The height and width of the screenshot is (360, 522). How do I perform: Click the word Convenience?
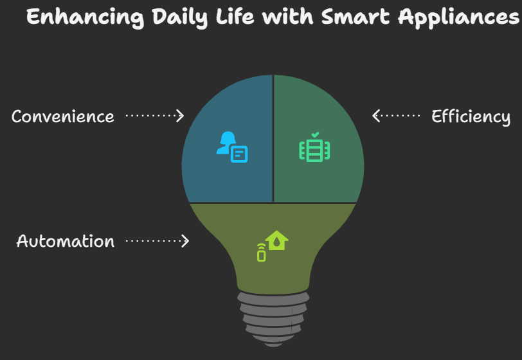click(x=63, y=116)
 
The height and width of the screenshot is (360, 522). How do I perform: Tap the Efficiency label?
click(x=471, y=117)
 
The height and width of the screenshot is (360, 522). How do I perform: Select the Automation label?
click(x=66, y=241)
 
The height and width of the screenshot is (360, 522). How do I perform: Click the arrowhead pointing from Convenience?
click(x=180, y=116)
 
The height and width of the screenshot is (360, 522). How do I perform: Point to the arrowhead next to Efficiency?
click(x=376, y=116)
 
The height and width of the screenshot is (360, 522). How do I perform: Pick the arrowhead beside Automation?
click(x=185, y=241)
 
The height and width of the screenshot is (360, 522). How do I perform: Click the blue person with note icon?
click(x=232, y=147)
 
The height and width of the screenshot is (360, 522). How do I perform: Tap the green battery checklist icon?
click(x=314, y=147)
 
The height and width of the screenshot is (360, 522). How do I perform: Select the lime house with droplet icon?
click(x=276, y=240)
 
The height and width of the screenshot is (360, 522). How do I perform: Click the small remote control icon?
click(x=262, y=253)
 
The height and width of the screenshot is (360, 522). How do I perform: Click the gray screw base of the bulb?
click(x=273, y=319)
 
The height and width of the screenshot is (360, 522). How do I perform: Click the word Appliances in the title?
click(x=458, y=17)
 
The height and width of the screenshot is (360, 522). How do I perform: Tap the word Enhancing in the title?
click(x=85, y=17)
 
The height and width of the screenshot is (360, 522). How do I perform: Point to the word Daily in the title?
click(x=180, y=17)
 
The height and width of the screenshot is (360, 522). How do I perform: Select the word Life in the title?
click(x=235, y=16)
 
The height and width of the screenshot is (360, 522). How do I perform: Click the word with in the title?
click(x=287, y=16)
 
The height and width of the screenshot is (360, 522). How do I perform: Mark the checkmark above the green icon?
click(x=315, y=135)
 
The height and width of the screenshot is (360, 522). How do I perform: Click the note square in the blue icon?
click(x=239, y=154)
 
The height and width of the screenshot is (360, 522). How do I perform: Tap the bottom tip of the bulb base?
click(x=273, y=346)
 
